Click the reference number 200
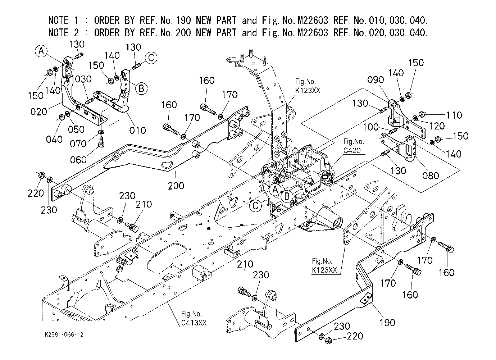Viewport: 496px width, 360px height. coord(176,186)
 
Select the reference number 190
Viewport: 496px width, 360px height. coord(387,323)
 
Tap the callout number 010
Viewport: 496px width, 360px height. coord(137,131)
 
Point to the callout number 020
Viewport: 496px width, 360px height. coord(39,111)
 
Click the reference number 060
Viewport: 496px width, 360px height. coord(78,160)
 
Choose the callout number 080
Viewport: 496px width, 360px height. coord(431,176)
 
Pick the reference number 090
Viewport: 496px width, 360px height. coord(376,80)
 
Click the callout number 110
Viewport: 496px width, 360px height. coord(454,115)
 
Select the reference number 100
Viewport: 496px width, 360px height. coord(371,127)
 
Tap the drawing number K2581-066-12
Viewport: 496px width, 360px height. coord(64,334)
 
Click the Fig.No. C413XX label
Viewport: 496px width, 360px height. coord(194,318)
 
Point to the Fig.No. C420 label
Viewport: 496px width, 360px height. coord(354,146)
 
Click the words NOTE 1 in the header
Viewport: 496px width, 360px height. coord(63,20)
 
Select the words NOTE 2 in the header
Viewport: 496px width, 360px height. coord(64,33)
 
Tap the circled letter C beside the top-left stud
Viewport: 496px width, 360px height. coord(151,58)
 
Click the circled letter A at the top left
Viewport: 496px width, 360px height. coord(41,51)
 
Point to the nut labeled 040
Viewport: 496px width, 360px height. coord(62,117)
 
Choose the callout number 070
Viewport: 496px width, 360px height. coord(78,144)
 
